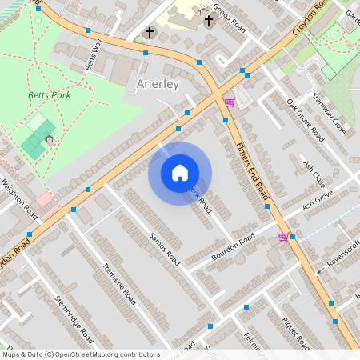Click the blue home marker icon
pyautogui.click(x=180, y=173)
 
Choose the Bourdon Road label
pyautogui.click(x=233, y=248)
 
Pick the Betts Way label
pyautogui.click(x=93, y=54)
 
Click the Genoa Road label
pyautogui.click(x=228, y=16)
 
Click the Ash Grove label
pyautogui.click(x=317, y=200)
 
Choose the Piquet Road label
pyautogui.click(x=296, y=331)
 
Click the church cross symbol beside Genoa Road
pyautogui.click(x=209, y=20)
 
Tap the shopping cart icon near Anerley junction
pyautogui.click(x=230, y=102)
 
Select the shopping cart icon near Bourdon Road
pyautogui.click(x=283, y=237)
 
